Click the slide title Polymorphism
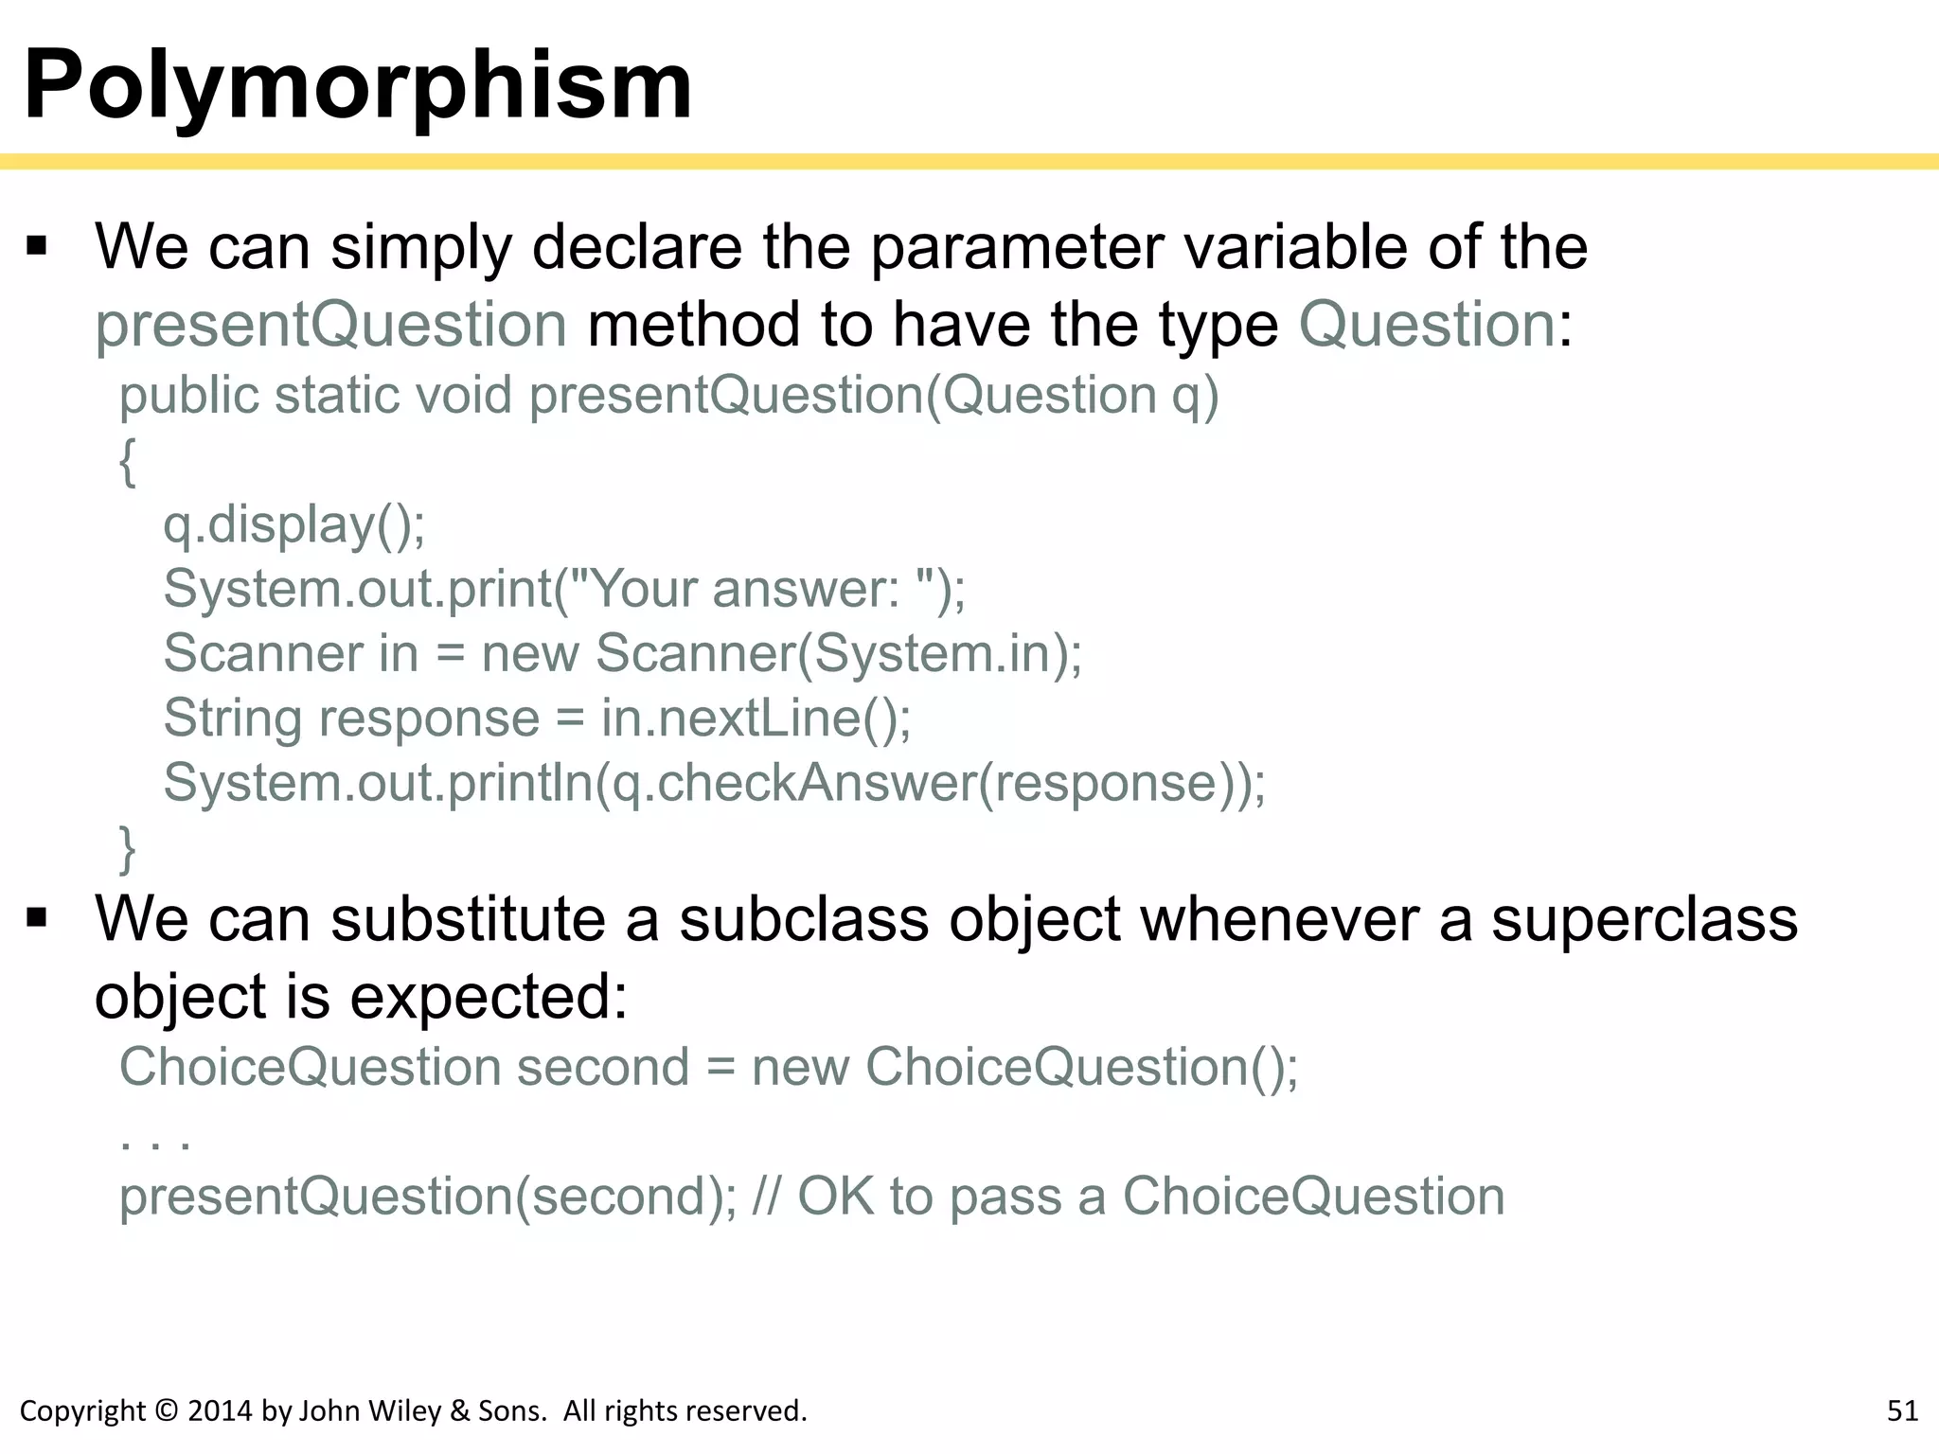pyautogui.click(x=358, y=85)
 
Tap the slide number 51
pyautogui.click(x=1902, y=1410)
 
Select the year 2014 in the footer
pyautogui.click(x=221, y=1410)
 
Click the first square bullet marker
pyautogui.click(x=37, y=247)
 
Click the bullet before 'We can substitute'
pyautogui.click(x=37, y=918)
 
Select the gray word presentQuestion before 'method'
pyautogui.click(x=331, y=325)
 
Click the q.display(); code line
pyautogui.click(x=294, y=524)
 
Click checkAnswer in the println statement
pyautogui.click(x=815, y=783)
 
